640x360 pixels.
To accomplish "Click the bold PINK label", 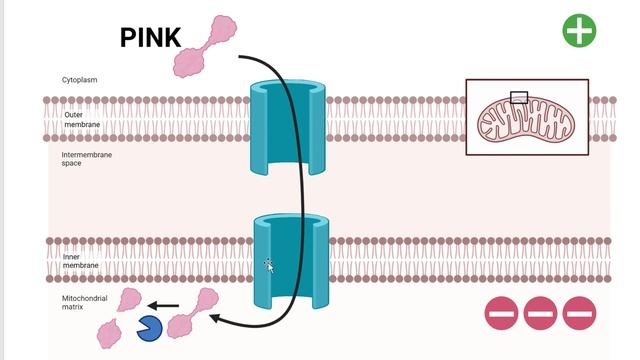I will point(151,37).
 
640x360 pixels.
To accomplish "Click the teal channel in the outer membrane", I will point(289,127).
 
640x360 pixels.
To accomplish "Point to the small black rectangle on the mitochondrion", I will point(518,97).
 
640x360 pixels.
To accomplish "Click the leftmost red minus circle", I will point(501,314).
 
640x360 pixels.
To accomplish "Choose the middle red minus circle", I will point(540,314).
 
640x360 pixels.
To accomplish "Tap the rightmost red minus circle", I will point(579,314).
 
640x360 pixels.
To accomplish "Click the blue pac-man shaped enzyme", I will point(150,328).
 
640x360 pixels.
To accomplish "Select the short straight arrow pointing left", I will point(165,306).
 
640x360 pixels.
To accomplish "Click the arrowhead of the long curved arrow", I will point(218,320).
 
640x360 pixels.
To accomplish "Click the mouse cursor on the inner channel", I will point(269,265).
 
